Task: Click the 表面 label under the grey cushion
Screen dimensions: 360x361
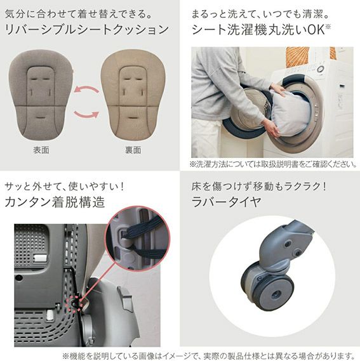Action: tap(41, 150)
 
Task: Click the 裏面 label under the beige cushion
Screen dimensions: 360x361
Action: tap(133, 150)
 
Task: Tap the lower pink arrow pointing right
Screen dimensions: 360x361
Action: tap(86, 114)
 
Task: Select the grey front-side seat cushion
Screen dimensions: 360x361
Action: tap(41, 95)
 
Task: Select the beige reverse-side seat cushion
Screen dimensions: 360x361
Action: tap(133, 95)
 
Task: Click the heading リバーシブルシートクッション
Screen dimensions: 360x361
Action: tap(87, 30)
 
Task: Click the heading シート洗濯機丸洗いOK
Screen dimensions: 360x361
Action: tap(261, 30)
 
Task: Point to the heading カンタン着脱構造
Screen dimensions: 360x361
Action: tap(55, 202)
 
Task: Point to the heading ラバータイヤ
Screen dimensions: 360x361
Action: tap(226, 202)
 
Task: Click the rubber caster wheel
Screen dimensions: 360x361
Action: tap(268, 287)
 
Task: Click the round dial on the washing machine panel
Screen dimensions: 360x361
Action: tap(321, 69)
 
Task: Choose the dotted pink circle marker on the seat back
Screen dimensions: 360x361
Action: tap(76, 304)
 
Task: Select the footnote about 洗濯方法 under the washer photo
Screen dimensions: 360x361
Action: tap(273, 164)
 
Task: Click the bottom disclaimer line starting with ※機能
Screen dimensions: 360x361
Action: tap(209, 355)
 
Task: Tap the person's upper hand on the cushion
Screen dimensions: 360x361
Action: tap(277, 90)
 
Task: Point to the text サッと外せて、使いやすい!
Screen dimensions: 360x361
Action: tap(64, 186)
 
